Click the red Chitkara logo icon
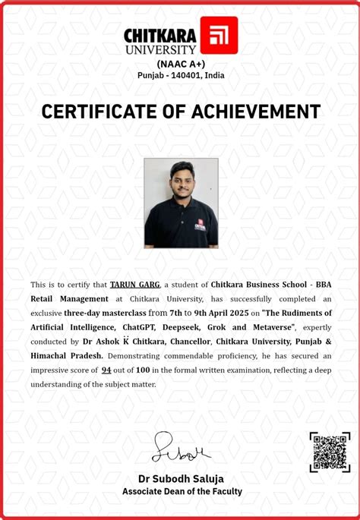click(219, 35)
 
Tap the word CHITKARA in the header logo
click(160, 34)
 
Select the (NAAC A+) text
click(181, 64)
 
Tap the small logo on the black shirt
click(200, 225)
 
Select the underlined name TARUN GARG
click(134, 284)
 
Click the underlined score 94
click(106, 370)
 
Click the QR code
click(329, 452)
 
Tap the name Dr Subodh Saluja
click(181, 479)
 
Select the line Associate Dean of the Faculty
click(182, 491)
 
